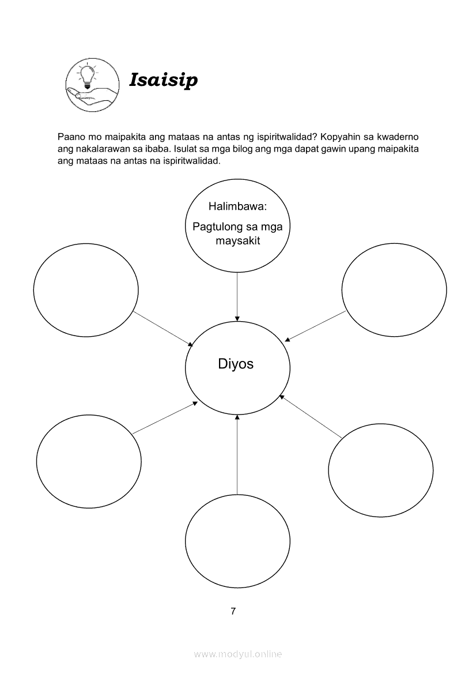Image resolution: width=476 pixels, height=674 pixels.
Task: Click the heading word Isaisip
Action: pyautogui.click(x=163, y=80)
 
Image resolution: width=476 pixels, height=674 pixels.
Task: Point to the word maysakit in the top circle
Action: pyautogui.click(x=237, y=240)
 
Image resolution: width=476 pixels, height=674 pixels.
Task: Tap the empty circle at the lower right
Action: pyautogui.click(x=380, y=469)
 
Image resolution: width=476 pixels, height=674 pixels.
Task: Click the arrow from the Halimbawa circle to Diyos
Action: pyautogui.click(x=237, y=296)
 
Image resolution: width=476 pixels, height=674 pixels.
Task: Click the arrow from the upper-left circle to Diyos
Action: pyautogui.click(x=163, y=329)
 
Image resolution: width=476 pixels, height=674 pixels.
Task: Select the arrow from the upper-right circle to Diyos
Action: pyautogui.click(x=316, y=326)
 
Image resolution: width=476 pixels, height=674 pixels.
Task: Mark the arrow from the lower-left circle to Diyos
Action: pyautogui.click(x=165, y=418)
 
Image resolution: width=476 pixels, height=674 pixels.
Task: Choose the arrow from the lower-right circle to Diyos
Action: pyautogui.click(x=311, y=415)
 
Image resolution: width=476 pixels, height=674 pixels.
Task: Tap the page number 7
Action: pyautogui.click(x=233, y=612)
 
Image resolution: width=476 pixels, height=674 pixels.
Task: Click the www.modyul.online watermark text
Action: pyautogui.click(x=238, y=654)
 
